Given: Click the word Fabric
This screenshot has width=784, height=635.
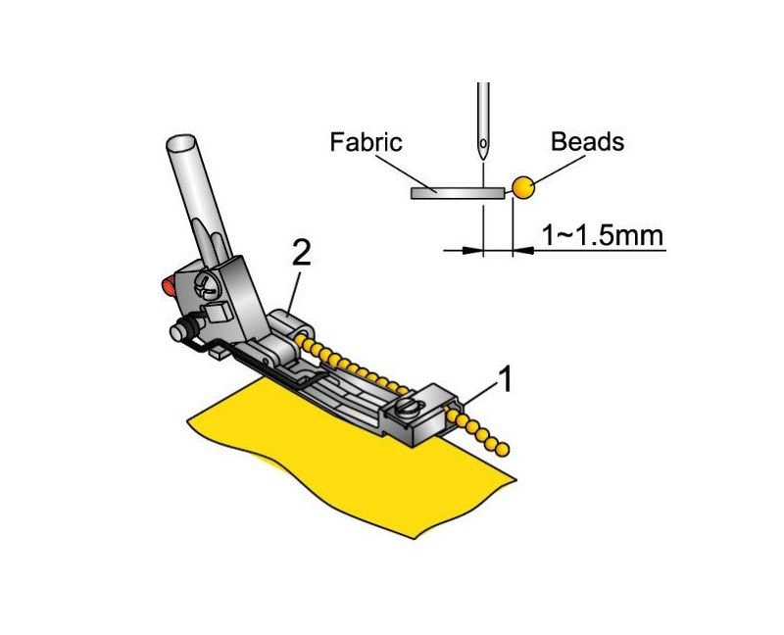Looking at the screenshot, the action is (x=366, y=142).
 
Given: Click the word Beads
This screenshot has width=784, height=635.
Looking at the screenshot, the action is (x=587, y=142).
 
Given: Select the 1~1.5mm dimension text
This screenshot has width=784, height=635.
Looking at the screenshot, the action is (x=603, y=235).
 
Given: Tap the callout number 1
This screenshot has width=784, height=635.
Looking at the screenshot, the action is (x=506, y=379).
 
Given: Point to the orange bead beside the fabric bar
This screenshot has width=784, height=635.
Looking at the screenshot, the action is (x=523, y=187).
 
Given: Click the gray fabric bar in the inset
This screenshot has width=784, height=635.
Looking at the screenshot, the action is (x=458, y=193).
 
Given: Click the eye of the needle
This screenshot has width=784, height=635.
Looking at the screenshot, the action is (x=483, y=143).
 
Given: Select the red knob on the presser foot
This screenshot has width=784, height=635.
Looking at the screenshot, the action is (x=167, y=285).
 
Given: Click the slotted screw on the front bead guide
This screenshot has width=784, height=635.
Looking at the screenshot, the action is (x=406, y=407).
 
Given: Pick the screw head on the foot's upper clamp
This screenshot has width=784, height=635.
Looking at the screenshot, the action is (x=207, y=286).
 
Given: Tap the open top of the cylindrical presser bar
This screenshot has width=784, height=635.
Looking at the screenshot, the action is (x=180, y=142).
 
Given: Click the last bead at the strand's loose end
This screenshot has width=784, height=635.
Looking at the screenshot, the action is (x=504, y=450).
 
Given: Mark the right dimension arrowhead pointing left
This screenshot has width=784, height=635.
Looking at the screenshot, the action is (x=523, y=250).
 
